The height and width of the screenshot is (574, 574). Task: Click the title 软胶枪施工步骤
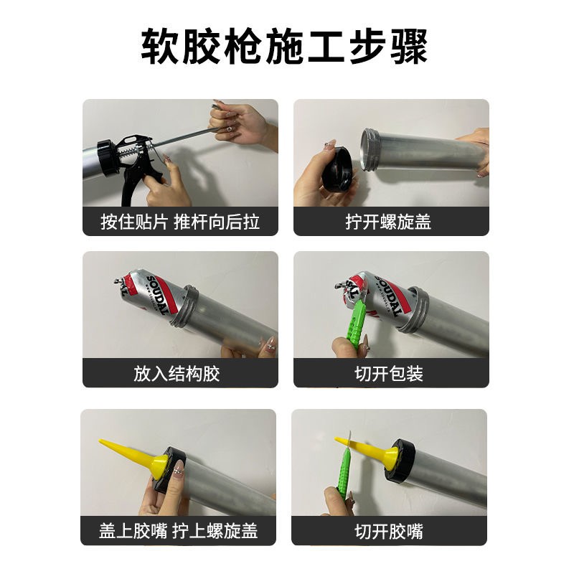click(x=284, y=47)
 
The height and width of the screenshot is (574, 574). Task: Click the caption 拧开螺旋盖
click(x=388, y=222)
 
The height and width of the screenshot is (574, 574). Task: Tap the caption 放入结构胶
click(x=177, y=374)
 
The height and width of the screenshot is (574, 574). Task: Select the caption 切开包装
click(x=389, y=374)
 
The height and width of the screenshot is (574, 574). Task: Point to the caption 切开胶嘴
click(x=389, y=531)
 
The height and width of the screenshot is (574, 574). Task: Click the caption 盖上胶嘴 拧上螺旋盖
click(x=178, y=531)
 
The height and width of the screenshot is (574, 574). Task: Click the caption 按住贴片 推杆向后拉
click(x=180, y=222)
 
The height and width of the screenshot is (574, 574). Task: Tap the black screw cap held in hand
click(x=337, y=169)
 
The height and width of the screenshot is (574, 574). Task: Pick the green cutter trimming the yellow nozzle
click(x=344, y=465)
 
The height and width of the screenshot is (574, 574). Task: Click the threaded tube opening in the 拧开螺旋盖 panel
click(x=370, y=150)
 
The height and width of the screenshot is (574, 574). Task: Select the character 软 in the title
click(x=160, y=47)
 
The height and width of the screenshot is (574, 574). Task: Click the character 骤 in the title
click(x=409, y=47)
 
